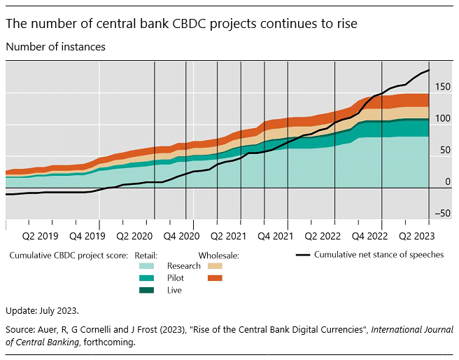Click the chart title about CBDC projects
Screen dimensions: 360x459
coord(181,24)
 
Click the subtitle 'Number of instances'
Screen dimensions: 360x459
coord(55,47)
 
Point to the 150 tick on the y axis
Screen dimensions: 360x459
coord(442,87)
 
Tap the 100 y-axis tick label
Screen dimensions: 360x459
coord(442,118)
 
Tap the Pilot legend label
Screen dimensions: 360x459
coord(176,278)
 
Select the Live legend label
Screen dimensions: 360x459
coord(174,290)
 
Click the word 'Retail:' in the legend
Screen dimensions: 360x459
coord(145,256)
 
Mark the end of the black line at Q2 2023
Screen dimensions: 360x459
coord(429,70)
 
